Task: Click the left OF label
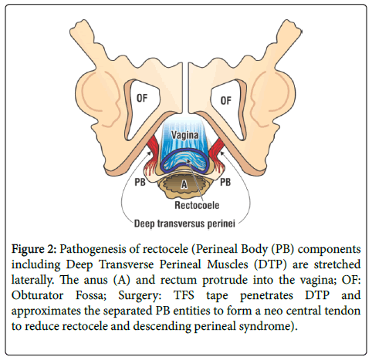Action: click(x=142, y=98)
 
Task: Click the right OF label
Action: click(x=226, y=100)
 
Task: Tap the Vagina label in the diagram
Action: click(x=185, y=135)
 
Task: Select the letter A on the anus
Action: click(x=184, y=184)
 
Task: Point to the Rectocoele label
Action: click(x=197, y=205)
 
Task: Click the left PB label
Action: click(x=140, y=182)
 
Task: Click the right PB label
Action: click(x=225, y=182)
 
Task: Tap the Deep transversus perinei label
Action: click(x=184, y=224)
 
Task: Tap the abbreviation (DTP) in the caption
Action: click(x=270, y=264)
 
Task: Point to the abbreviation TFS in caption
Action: click(x=184, y=295)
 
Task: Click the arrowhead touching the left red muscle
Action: click(x=148, y=153)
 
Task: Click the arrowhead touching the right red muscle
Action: click(x=223, y=153)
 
